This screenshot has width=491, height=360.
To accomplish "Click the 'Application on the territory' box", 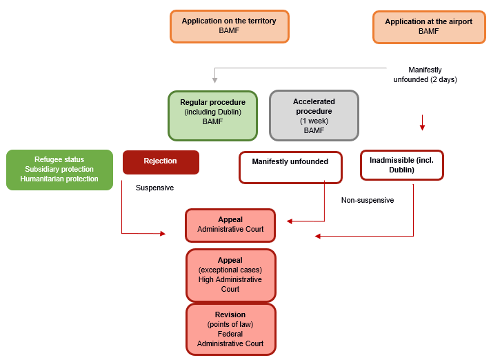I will point(229,26).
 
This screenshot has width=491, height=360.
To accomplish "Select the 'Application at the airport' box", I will point(428,27).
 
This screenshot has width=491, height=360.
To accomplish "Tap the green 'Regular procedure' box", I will point(212,115).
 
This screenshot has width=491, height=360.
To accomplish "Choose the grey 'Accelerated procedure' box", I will point(314,115).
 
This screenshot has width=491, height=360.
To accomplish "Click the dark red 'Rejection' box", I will point(161,162).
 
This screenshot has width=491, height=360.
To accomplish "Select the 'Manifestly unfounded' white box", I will point(290,168).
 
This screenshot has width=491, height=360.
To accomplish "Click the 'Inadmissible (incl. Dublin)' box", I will point(401,166).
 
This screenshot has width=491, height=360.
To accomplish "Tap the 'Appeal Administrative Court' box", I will point(230,225).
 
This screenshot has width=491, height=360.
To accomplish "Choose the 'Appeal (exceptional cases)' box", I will point(230,274).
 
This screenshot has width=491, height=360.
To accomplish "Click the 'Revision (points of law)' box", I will point(230,329).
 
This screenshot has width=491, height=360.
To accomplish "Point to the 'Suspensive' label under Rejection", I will point(154,188).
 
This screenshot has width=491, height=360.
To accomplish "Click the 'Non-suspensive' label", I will point(368,201).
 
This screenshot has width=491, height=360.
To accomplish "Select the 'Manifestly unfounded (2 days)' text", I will point(425,74).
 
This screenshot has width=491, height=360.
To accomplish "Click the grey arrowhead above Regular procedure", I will point(214,80).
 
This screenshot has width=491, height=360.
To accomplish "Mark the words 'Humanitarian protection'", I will point(59,179).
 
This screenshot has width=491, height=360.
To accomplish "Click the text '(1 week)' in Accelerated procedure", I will point(314,121).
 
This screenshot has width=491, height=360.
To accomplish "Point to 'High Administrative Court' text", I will point(230,284).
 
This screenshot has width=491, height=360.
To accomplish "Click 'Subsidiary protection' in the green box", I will point(59,170).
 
